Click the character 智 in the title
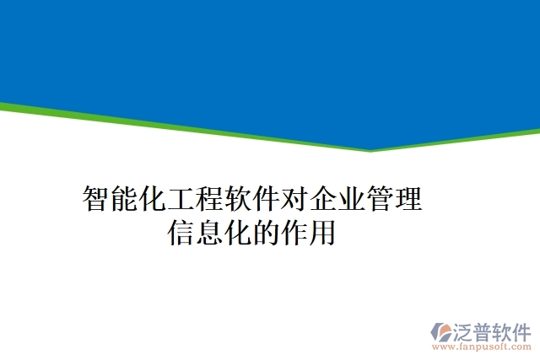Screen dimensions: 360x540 pyautogui.click(x=96, y=200)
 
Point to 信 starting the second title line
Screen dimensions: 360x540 pyautogui.click(x=181, y=232)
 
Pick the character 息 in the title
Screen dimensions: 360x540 pyautogui.click(x=210, y=232)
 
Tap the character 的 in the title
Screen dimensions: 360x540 pyautogui.click(x=267, y=232)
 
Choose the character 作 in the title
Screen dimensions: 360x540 pyautogui.click(x=295, y=232)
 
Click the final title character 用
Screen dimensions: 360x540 pyautogui.click(x=323, y=232)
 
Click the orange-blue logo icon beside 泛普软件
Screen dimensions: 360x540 pyautogui.click(x=441, y=330)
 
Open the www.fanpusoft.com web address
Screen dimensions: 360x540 pyautogui.click(x=482, y=347)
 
